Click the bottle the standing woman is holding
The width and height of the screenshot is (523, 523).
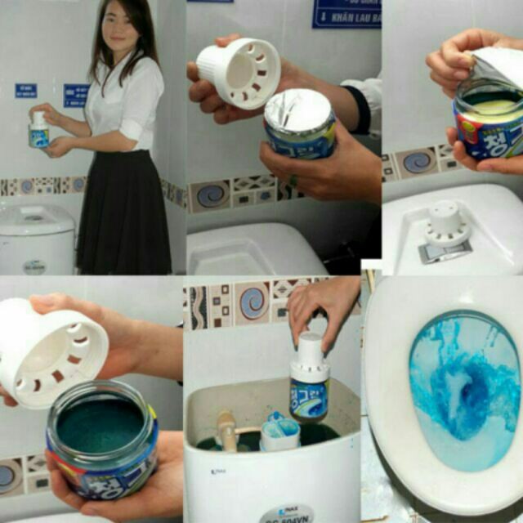38,131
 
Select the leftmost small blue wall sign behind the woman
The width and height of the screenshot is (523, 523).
25,90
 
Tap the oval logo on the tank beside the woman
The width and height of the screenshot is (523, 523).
34,266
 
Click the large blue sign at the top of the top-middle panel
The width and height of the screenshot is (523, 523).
346,13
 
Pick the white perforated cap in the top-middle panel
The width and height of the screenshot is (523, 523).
238,74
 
